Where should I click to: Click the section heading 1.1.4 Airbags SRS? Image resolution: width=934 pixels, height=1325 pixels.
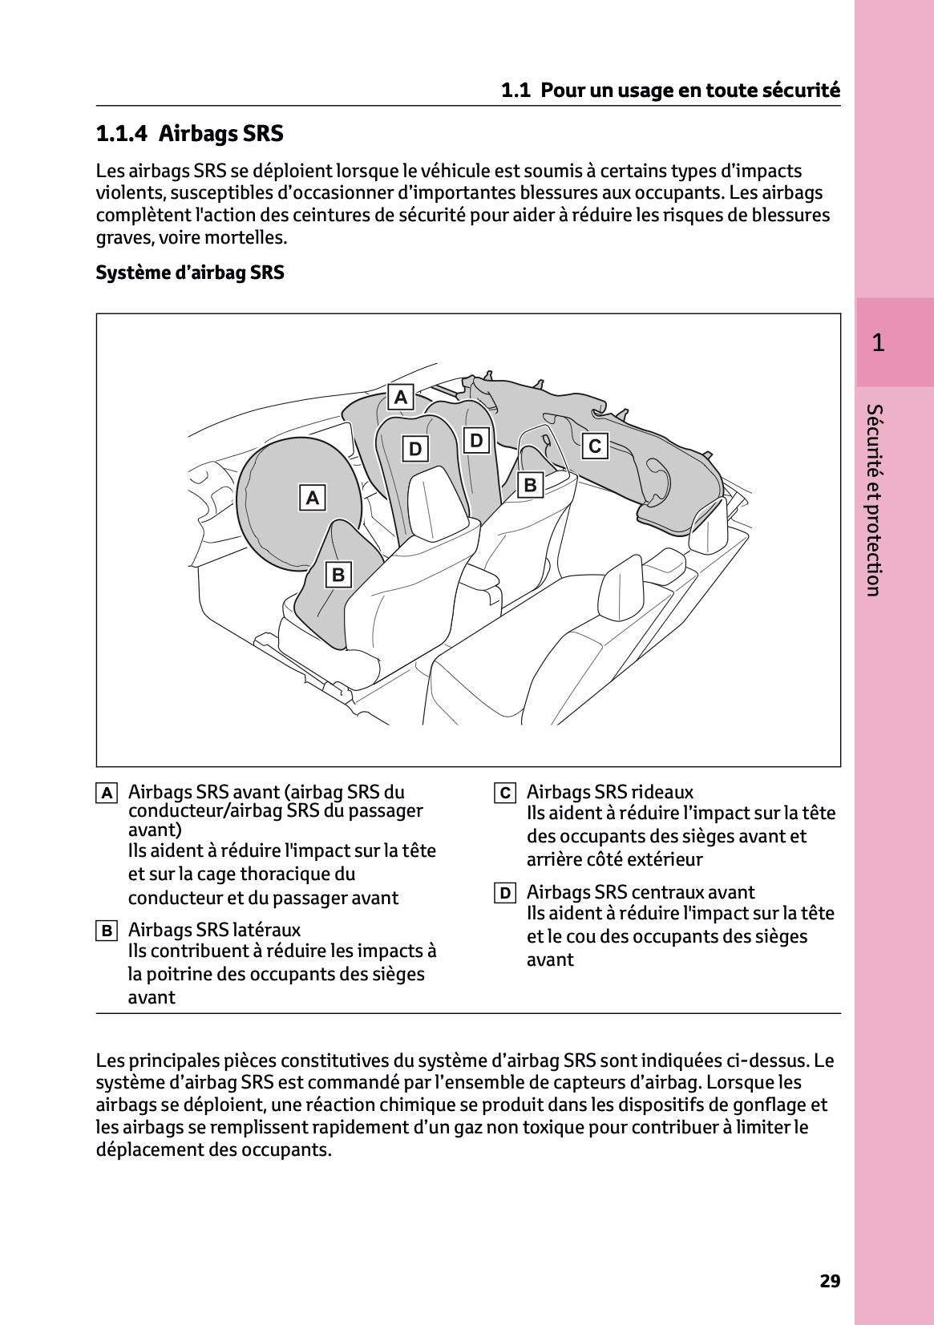189,133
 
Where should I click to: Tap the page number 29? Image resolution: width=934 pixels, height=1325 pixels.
830,1281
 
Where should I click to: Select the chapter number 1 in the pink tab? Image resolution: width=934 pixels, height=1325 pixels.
878,343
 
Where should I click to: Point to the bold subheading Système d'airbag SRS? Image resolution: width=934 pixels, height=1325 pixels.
190,273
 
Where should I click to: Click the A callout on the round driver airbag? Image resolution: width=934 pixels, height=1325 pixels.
313,498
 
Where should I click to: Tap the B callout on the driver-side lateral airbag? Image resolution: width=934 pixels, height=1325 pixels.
338,575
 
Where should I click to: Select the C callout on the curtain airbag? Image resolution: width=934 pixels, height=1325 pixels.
595,446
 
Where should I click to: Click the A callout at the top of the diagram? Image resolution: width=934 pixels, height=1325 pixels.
401,397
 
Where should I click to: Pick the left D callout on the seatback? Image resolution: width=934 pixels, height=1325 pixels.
415,449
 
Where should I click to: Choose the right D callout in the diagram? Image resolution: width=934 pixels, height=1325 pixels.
477,440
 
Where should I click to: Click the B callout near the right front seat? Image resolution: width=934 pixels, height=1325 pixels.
530,485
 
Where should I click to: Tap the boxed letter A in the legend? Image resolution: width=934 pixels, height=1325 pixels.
107,794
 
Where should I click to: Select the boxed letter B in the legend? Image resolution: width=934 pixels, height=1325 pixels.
107,931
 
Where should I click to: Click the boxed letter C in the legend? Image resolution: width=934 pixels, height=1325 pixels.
504,794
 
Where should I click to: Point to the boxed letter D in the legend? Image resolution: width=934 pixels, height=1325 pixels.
504,894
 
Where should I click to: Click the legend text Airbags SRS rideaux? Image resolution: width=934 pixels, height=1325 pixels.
609,792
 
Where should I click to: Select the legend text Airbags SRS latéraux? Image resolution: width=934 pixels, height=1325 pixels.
214,930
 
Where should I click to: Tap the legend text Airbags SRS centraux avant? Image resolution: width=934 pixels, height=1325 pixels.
640,892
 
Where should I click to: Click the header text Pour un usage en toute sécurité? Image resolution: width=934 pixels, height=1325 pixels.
689,90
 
